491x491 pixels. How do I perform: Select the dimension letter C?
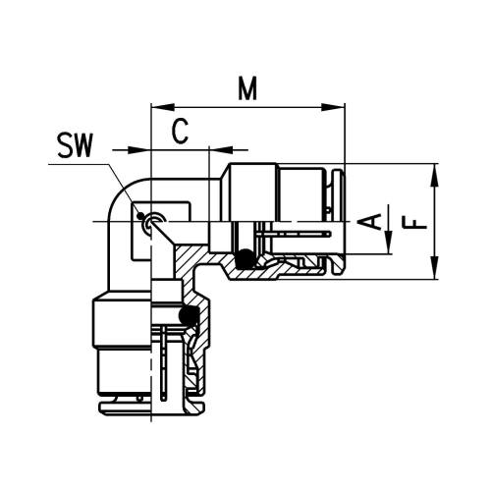(180, 131)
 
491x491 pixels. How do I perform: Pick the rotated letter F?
(418, 221)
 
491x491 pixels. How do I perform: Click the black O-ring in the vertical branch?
(190, 315)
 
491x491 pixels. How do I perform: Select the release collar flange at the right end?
(337, 222)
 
